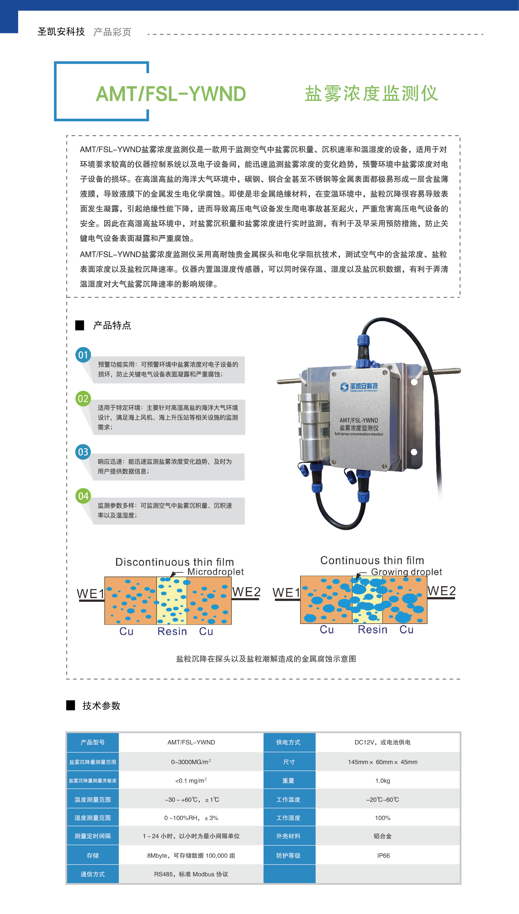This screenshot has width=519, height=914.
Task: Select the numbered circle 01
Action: coord(83,355)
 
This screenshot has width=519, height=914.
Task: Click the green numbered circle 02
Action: coord(83,398)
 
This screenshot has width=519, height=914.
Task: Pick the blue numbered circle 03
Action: coord(83,452)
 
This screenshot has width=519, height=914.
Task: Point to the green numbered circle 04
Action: coord(83,496)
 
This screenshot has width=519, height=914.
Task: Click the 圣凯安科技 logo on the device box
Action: coord(359,387)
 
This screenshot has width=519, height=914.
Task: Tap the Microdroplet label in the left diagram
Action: coord(215,572)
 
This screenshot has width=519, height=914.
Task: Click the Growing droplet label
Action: coord(406,572)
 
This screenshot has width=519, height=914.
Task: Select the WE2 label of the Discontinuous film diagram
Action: coord(246,592)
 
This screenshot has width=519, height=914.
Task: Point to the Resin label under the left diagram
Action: coord(172,631)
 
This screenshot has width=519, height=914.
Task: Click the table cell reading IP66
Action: coord(383,855)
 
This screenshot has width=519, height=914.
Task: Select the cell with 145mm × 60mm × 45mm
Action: coord(382,762)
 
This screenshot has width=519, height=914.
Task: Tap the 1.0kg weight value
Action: coord(382,781)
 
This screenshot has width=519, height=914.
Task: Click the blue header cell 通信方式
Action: coord(93,874)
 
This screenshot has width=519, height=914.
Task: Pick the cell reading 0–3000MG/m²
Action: coord(191,762)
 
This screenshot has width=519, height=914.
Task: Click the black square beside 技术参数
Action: coord(70,705)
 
